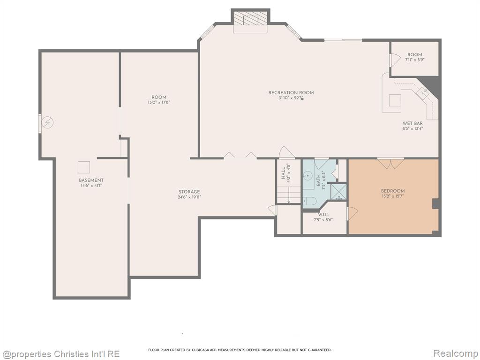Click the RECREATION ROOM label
coord(291,92)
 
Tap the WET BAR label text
coord(412,123)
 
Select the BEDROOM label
coord(393,191)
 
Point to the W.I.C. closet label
coord(323,215)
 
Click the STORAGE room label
coord(189,192)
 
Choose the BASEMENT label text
coord(91,180)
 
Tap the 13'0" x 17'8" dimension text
coord(158,102)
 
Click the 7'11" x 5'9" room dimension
coord(415,60)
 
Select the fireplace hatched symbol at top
coord(250,18)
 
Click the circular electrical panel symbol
coord(47,123)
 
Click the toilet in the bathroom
coord(309,201)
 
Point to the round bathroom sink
coord(307,176)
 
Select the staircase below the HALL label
coord(289,195)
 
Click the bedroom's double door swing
coord(390,164)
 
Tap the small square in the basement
coord(83,167)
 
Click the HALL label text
coord(283,173)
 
